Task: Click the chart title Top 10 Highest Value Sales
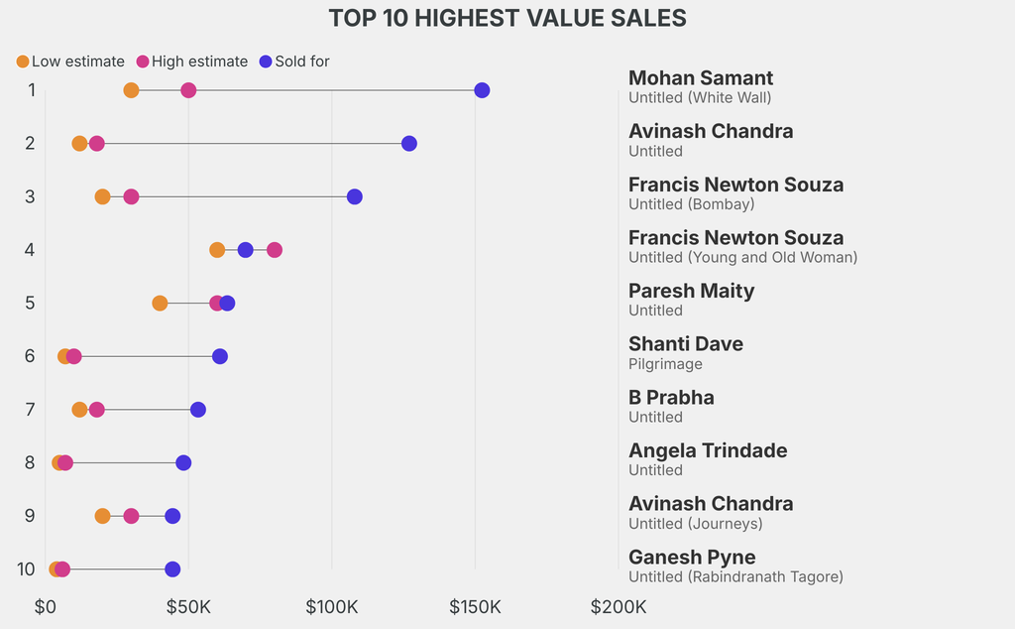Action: pos(507,18)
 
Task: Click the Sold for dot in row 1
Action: pos(482,90)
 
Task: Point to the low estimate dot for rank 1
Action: pos(131,90)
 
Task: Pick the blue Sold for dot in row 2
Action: pos(409,144)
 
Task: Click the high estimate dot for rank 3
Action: pos(131,196)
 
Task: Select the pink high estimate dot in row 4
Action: pos(275,250)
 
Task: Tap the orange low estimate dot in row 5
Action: pos(160,303)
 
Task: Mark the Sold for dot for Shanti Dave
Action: pos(220,356)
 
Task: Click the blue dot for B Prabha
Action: pos(198,410)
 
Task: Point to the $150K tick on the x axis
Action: pos(475,606)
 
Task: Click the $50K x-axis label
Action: pos(188,606)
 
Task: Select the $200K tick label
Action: pos(619,606)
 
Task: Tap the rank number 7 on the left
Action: pos(31,410)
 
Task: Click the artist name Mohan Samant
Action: pos(701,78)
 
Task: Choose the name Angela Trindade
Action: pos(708,450)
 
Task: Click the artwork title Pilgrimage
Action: pos(665,364)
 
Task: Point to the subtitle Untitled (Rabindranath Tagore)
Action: pos(735,576)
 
